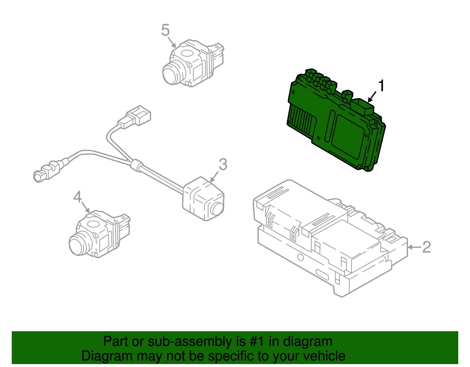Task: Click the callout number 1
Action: [x=381, y=86]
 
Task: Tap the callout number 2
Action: [x=427, y=247]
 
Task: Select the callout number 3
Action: [x=223, y=165]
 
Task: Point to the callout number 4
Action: [x=78, y=197]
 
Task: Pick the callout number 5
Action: [x=165, y=30]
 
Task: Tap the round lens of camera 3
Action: [x=217, y=209]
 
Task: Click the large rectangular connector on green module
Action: [x=362, y=107]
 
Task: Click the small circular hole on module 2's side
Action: [x=300, y=257]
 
